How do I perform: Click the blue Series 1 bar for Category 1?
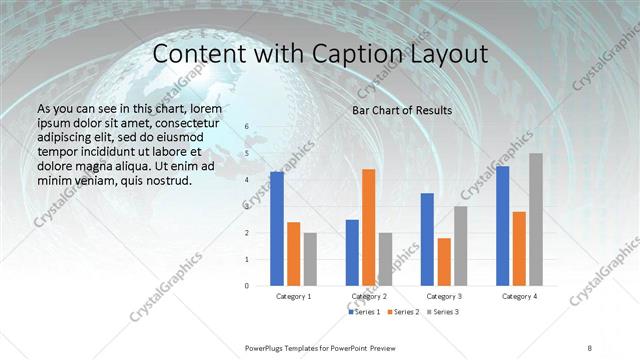(x=277, y=228)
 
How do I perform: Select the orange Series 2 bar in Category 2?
(x=369, y=227)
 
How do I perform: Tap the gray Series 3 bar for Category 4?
(x=535, y=219)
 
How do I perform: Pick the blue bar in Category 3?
(x=427, y=239)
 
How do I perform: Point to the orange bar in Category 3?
(x=444, y=261)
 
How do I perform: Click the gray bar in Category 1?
(x=311, y=259)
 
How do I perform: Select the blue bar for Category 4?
(x=502, y=225)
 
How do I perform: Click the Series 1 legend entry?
(x=364, y=313)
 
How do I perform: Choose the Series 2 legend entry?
(x=403, y=313)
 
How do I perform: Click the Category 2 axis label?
(x=369, y=296)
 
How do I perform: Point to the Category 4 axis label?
(x=519, y=296)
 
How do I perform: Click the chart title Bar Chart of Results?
(x=402, y=110)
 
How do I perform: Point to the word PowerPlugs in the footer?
(x=267, y=348)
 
